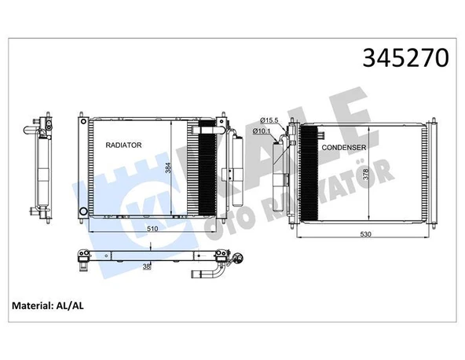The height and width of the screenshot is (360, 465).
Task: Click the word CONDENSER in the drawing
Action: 342,147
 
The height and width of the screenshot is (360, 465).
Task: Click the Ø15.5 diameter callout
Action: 267,119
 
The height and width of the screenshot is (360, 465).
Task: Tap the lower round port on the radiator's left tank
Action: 82,209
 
